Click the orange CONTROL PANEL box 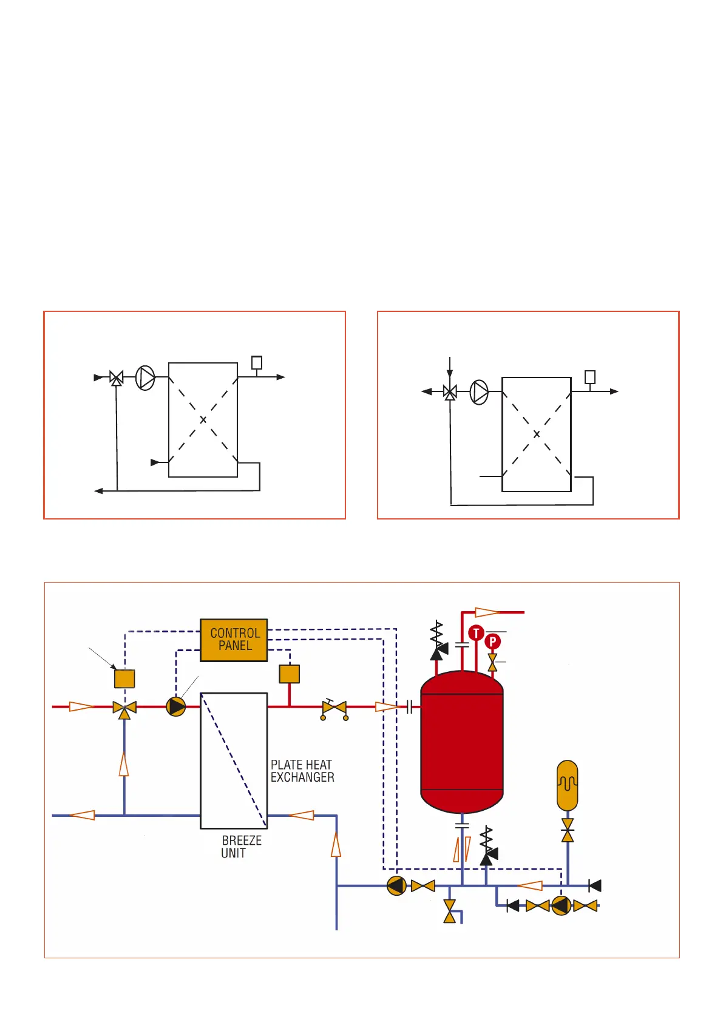(234, 640)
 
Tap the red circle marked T (476, 633)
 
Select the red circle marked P (493, 641)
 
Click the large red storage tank (462, 742)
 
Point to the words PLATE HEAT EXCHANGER (302, 771)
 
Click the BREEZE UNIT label (241, 847)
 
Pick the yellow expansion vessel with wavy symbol (568, 785)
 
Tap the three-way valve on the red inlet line (124, 708)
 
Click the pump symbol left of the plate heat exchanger (176, 706)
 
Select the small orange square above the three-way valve (124, 679)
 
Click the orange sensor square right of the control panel (290, 674)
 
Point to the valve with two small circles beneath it (334, 709)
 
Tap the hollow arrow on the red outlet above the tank (487, 612)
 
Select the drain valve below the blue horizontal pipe (450, 911)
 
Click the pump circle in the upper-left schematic (145, 377)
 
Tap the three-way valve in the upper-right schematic (450, 392)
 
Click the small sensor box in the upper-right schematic (590, 377)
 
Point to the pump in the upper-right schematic (480, 392)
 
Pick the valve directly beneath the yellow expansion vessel (568, 830)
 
